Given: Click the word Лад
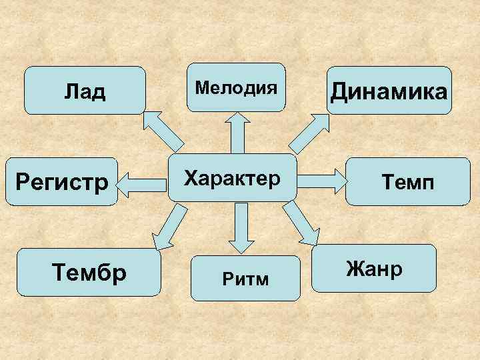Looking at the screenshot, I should [x=85, y=91].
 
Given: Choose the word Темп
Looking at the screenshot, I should [x=407, y=182].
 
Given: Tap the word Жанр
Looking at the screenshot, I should [x=374, y=269].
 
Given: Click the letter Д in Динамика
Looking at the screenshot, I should [x=342, y=92].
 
